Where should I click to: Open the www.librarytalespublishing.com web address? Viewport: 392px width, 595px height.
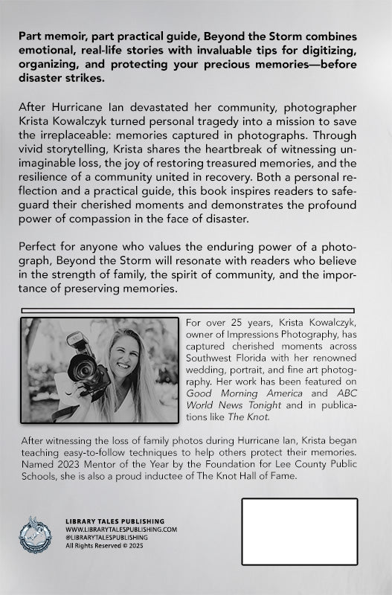coord(121,529)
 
